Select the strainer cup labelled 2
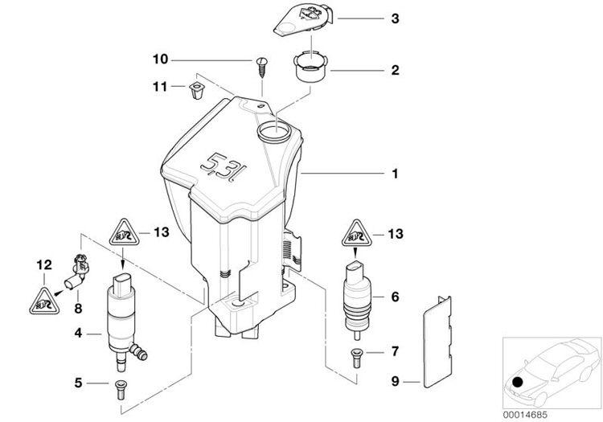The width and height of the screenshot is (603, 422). [310, 66]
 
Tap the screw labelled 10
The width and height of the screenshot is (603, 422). [261, 68]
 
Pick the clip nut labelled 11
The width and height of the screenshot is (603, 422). [197, 90]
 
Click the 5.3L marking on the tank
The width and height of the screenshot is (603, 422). [224, 168]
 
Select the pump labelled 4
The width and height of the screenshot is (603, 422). [123, 323]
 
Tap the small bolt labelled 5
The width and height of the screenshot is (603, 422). [121, 389]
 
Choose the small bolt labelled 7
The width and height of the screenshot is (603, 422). [356, 358]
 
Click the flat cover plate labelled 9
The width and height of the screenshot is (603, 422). [437, 342]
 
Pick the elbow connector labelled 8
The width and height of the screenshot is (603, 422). [77, 272]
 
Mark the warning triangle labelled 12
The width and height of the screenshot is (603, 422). [44, 301]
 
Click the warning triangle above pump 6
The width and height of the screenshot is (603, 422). [356, 233]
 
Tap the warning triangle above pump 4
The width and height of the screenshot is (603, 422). [124, 232]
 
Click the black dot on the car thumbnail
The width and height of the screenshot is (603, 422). [518, 383]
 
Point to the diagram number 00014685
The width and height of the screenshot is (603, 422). [524, 415]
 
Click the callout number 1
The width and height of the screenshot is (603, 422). [395, 174]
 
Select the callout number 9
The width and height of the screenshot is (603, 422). [396, 381]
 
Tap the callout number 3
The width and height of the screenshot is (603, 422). [395, 18]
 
